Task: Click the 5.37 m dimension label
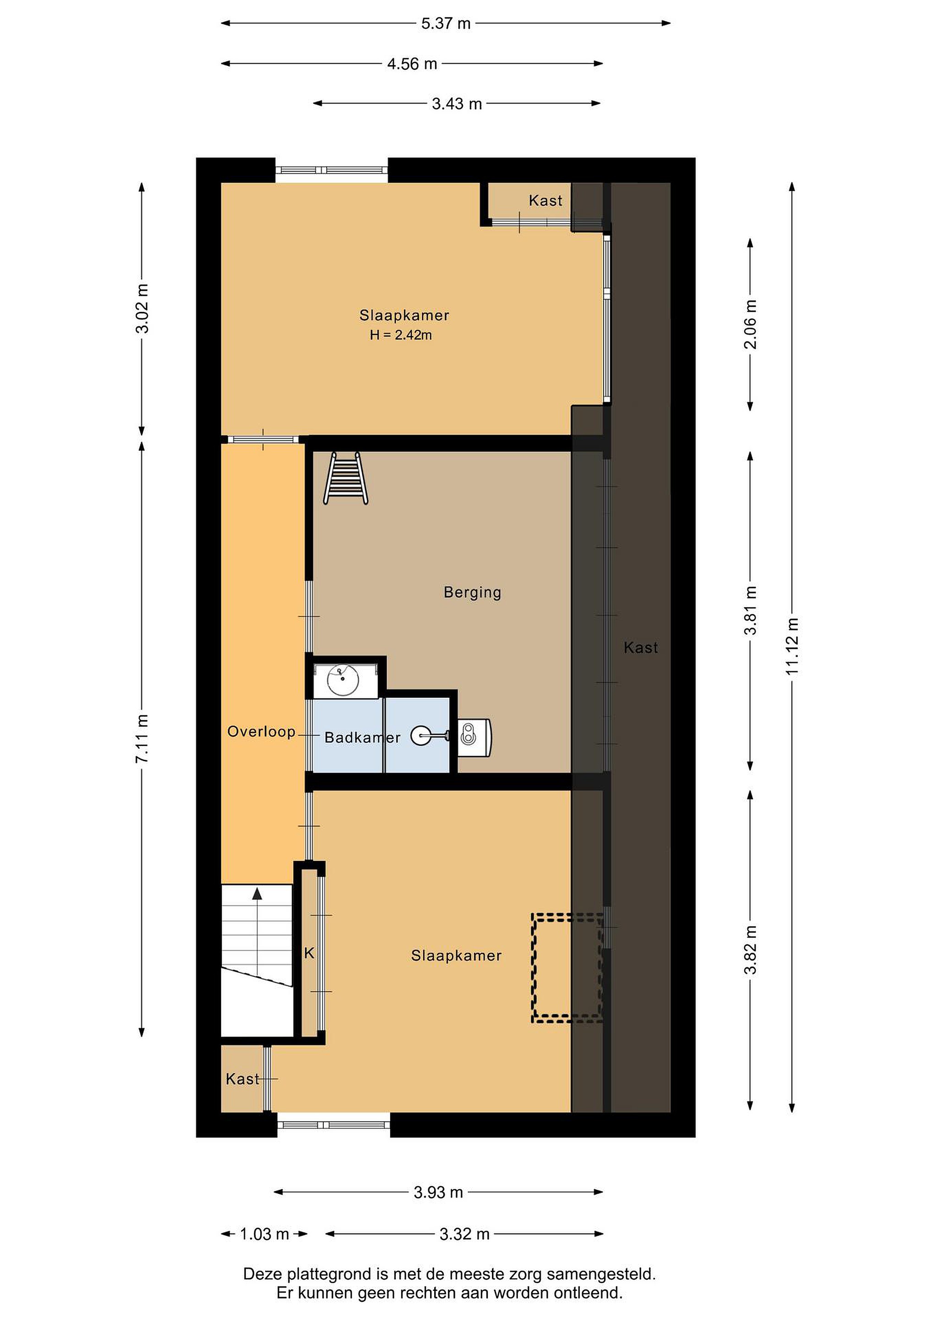pos(446,23)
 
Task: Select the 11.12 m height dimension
pos(792,648)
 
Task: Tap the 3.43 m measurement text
pos(457,104)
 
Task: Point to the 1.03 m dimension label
pos(264,1234)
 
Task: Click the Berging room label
pos(472,592)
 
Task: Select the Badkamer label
pos(362,738)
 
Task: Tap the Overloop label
pos(262,731)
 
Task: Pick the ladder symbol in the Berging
pos(346,478)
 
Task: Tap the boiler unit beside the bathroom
pos(475,738)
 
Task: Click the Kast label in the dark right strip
pos(641,648)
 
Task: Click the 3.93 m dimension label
pos(438,1193)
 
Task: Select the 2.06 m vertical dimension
pos(750,325)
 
